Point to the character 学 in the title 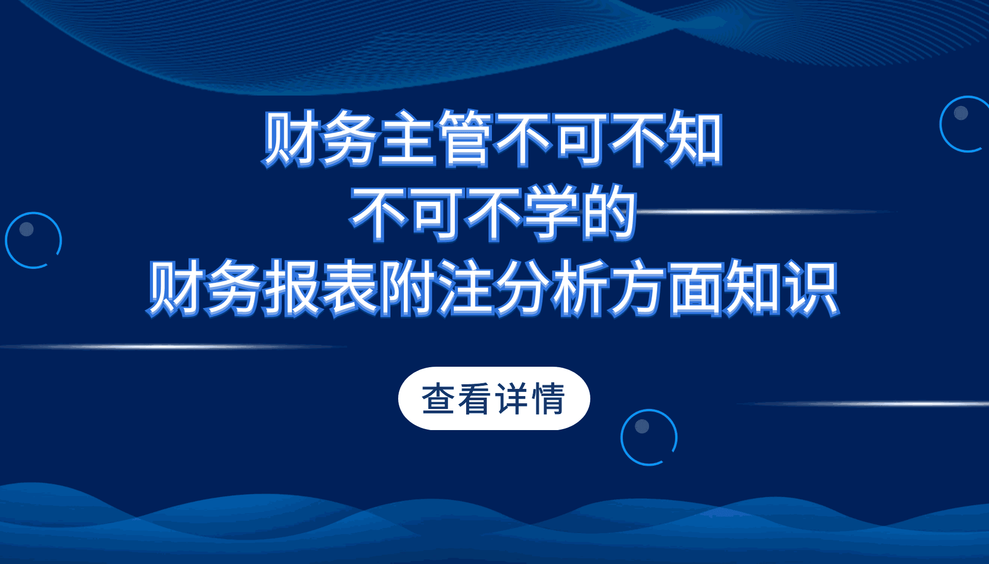[x=551, y=213]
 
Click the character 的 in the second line [x=608, y=213]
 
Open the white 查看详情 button [x=494, y=398]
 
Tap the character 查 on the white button [x=438, y=398]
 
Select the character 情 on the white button [x=549, y=398]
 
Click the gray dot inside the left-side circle [x=26, y=229]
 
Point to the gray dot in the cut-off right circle [x=961, y=113]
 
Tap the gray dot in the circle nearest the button [x=642, y=426]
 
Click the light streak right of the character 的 [x=762, y=212]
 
